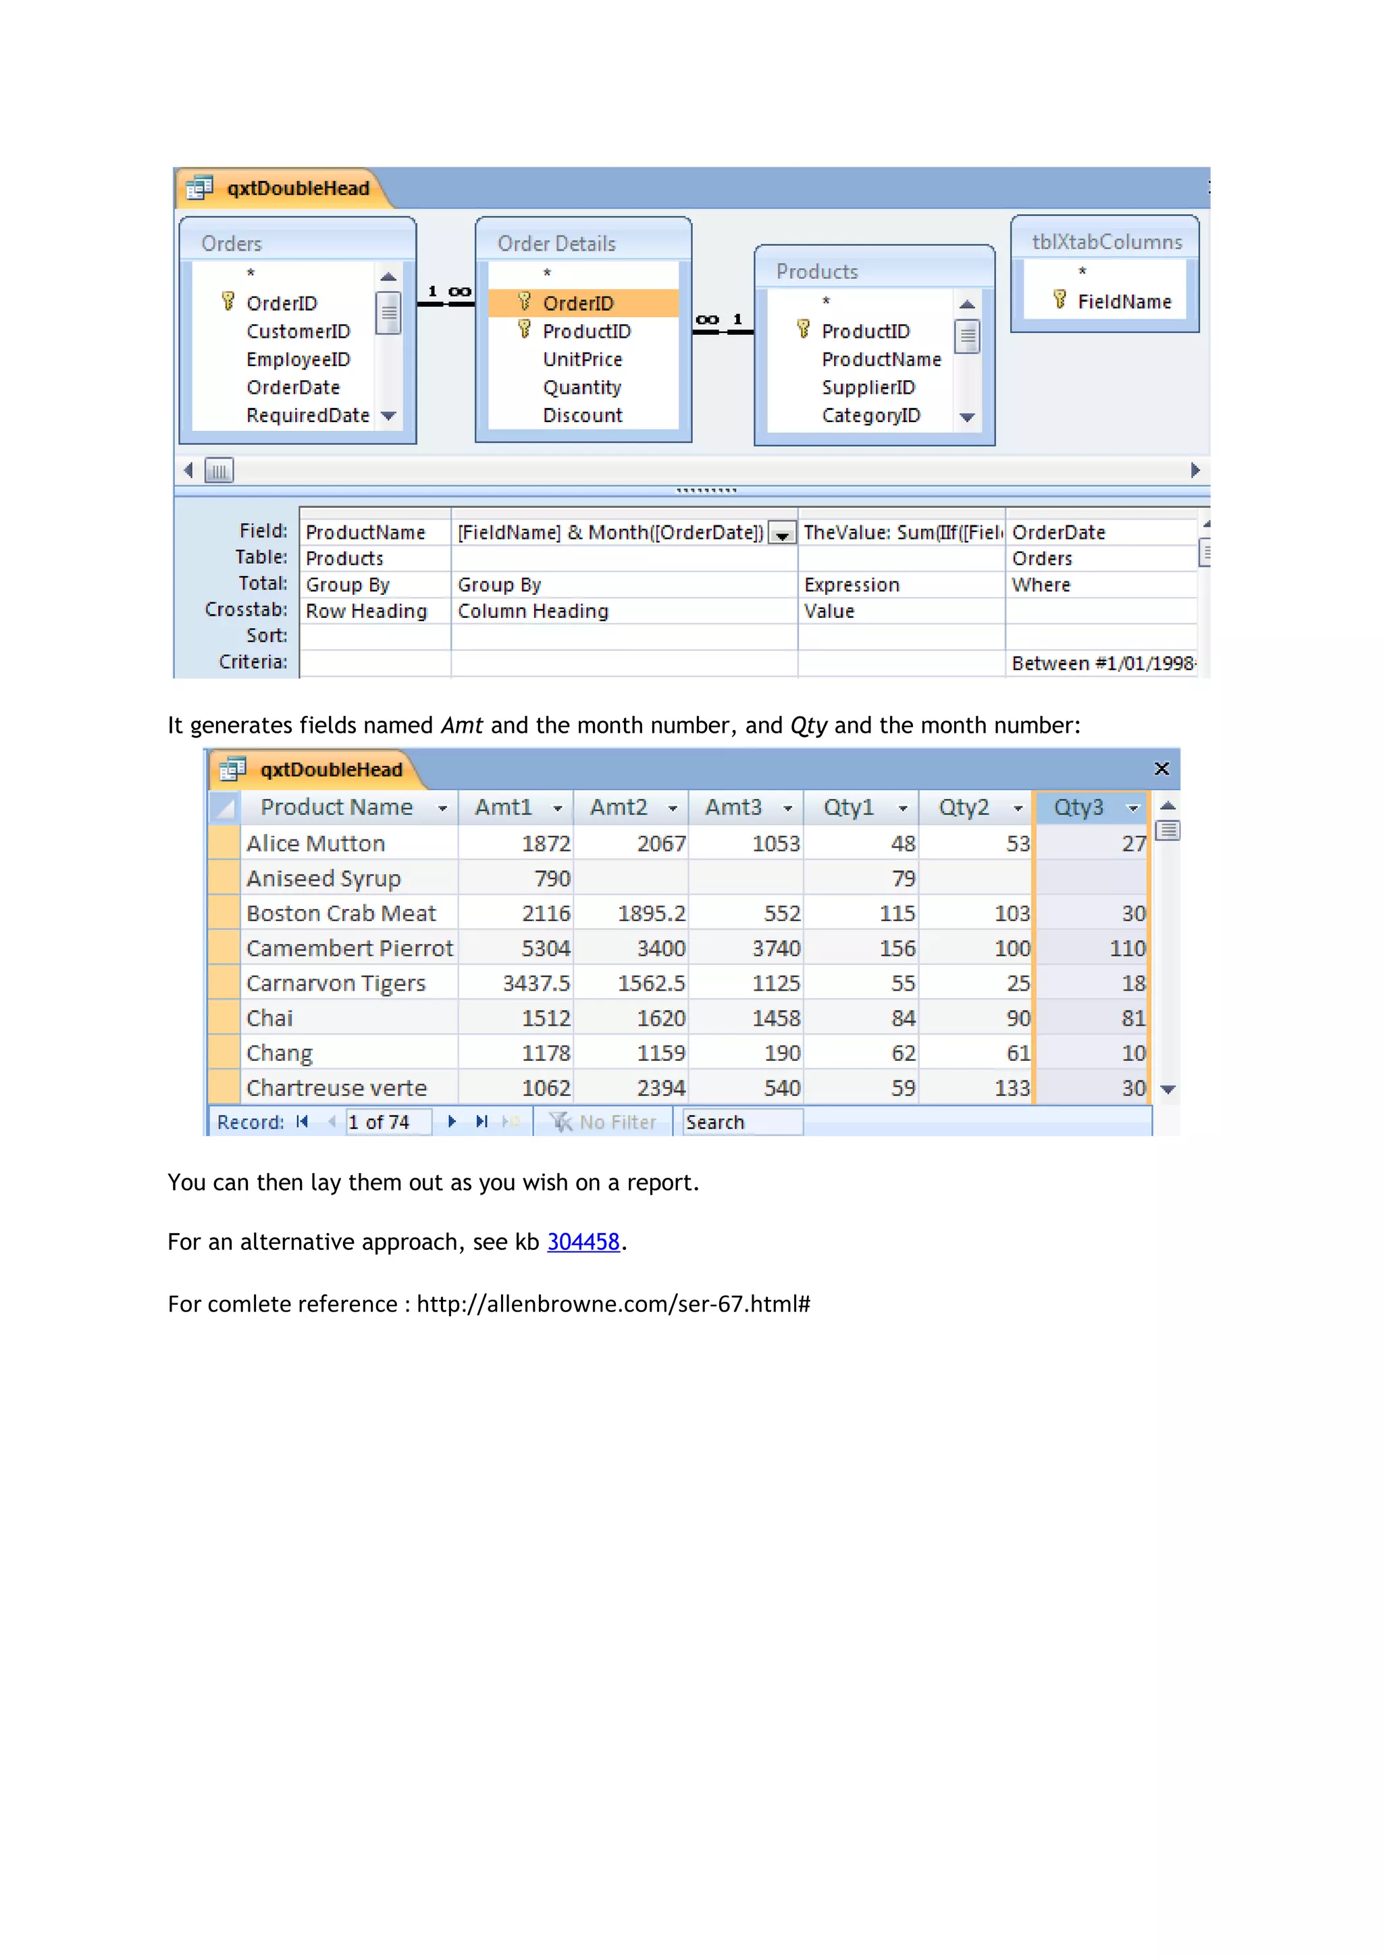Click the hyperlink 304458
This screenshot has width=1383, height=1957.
pyautogui.click(x=583, y=1242)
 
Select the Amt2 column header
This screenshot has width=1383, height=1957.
pyautogui.click(x=619, y=807)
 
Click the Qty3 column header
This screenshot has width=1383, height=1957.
pyautogui.click(x=1079, y=807)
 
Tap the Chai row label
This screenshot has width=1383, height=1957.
pyautogui.click(x=269, y=1018)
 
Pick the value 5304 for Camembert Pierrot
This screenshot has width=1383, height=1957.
pyautogui.click(x=546, y=949)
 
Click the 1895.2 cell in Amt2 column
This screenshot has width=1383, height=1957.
pyautogui.click(x=651, y=914)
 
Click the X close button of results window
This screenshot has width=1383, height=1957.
pyautogui.click(x=1161, y=768)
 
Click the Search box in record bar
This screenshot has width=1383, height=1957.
pyautogui.click(x=741, y=1122)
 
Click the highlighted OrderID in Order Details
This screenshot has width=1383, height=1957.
pyautogui.click(x=578, y=303)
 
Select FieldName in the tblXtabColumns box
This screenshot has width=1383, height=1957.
pyautogui.click(x=1123, y=302)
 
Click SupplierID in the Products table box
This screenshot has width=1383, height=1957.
pyautogui.click(x=868, y=388)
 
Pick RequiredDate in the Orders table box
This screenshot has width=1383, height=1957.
pyautogui.click(x=308, y=416)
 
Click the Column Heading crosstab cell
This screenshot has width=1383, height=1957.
pyautogui.click(x=533, y=611)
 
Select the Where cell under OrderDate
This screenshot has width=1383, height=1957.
pyautogui.click(x=1041, y=585)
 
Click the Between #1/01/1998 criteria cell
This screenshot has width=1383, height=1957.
pyautogui.click(x=1102, y=663)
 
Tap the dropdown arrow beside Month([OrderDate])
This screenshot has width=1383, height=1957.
pyautogui.click(x=781, y=534)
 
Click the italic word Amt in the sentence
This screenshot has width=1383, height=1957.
pyautogui.click(x=462, y=725)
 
